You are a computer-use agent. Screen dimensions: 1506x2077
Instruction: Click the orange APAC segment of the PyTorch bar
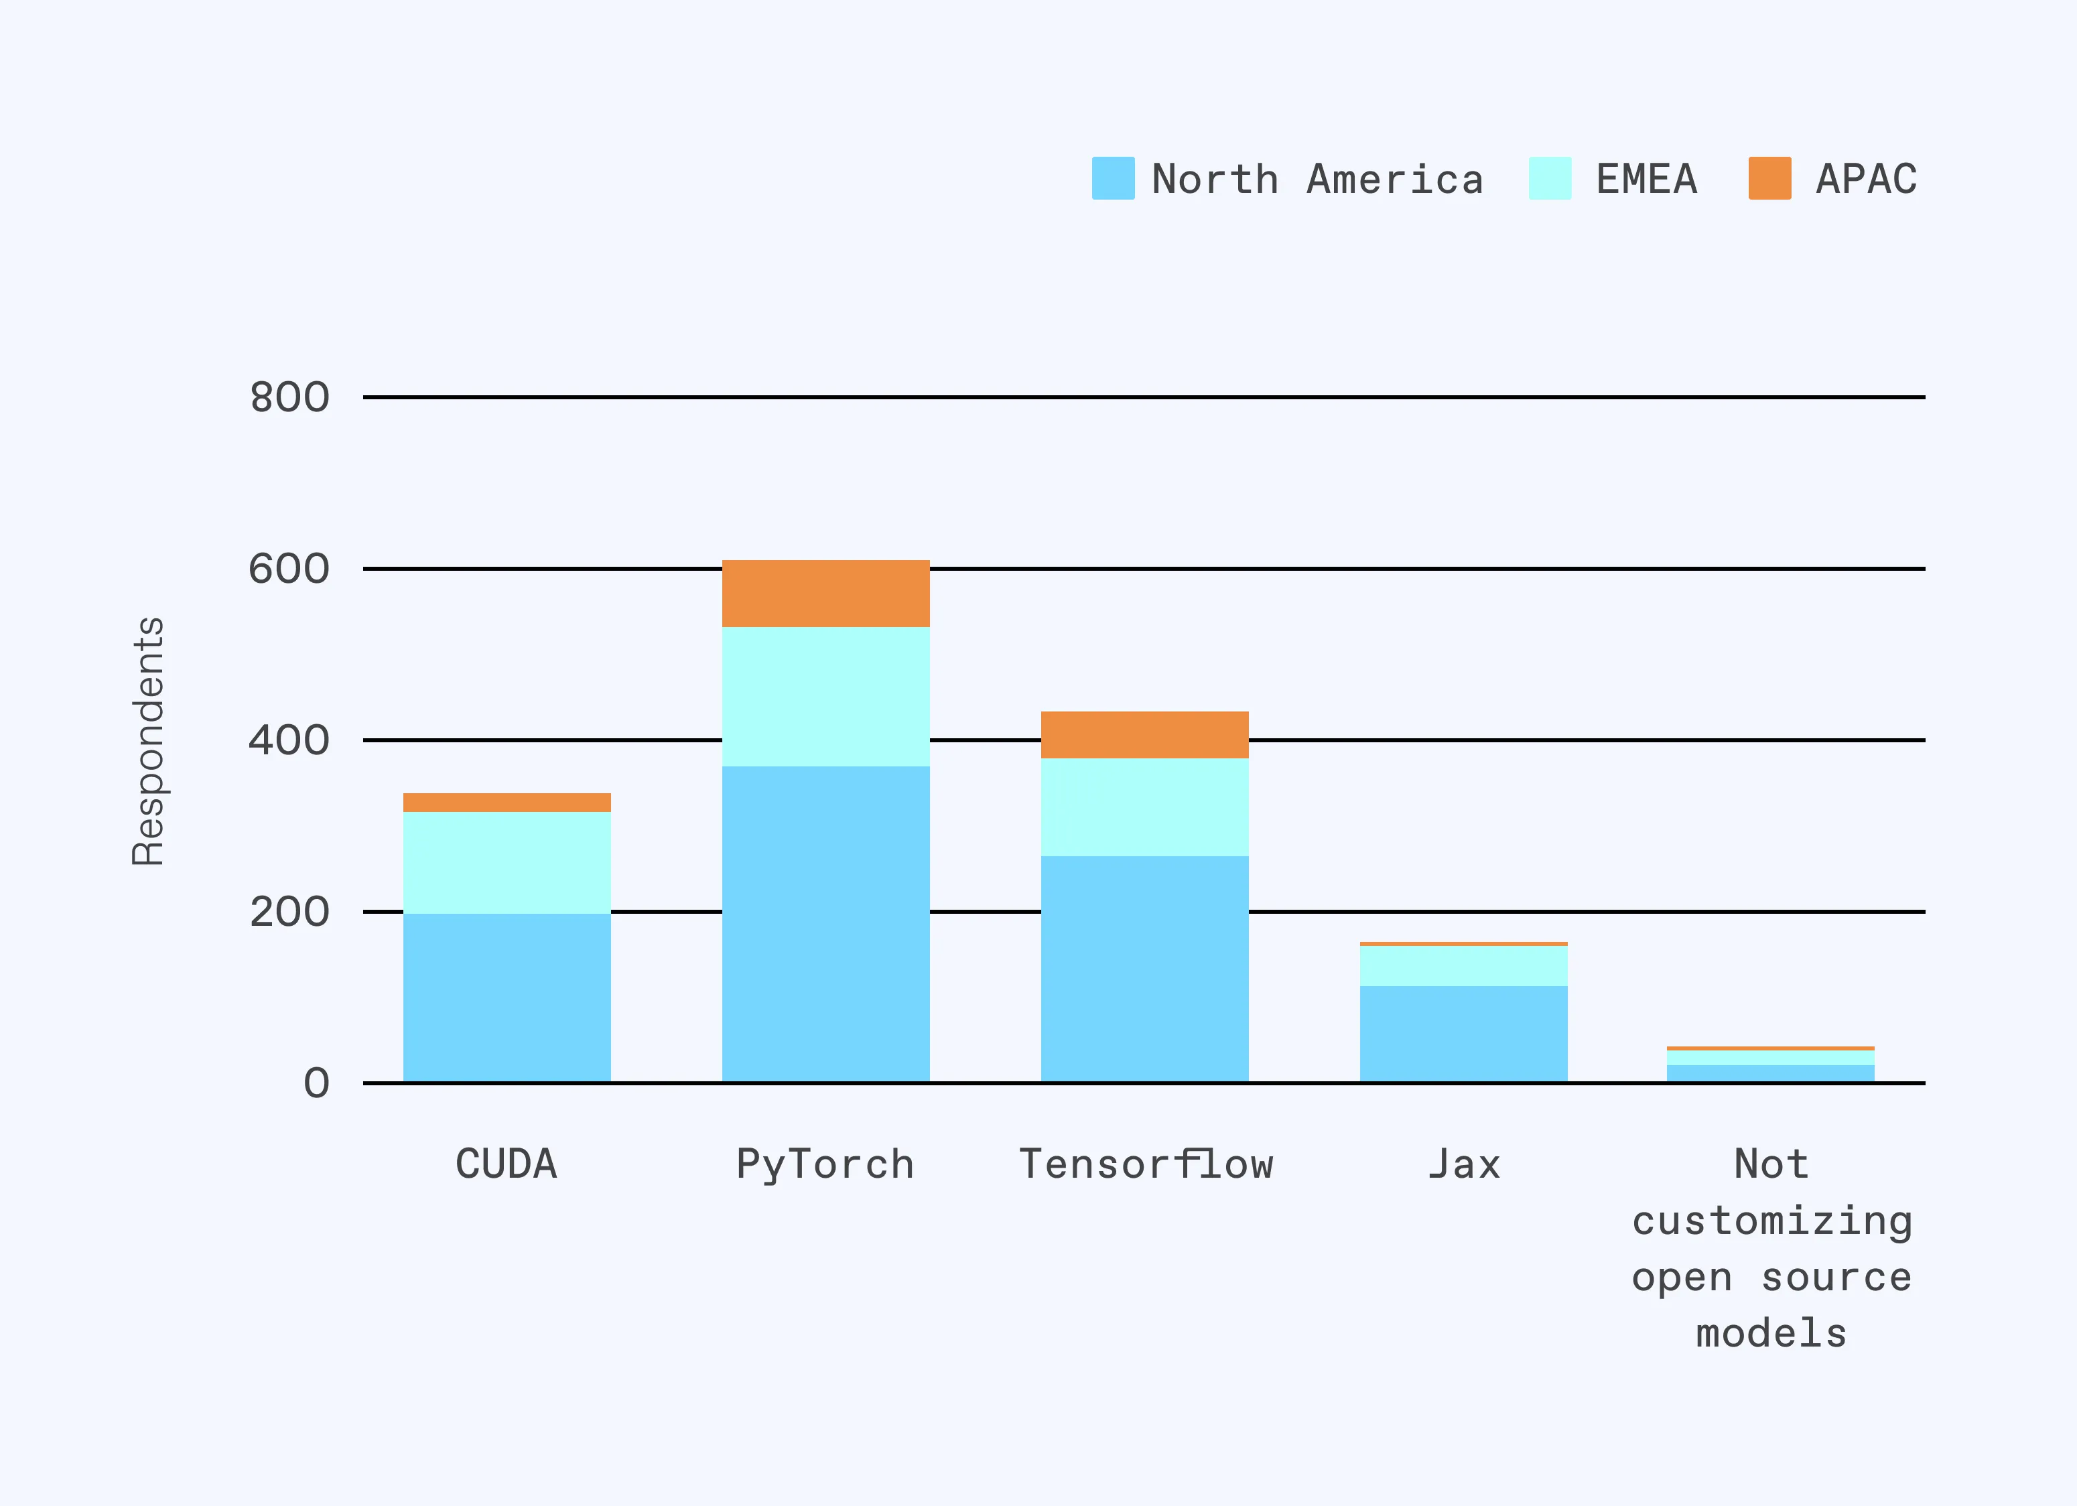tap(825, 594)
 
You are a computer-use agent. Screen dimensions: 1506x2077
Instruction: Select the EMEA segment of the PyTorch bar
tap(825, 696)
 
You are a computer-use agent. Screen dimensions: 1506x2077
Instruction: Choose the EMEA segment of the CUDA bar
tap(507, 862)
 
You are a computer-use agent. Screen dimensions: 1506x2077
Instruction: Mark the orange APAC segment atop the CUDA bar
tap(507, 802)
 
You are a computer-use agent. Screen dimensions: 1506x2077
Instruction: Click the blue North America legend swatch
tap(1113, 178)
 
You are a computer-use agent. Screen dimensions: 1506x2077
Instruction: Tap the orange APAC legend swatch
tap(1769, 178)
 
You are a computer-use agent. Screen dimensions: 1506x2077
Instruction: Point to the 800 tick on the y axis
tap(289, 398)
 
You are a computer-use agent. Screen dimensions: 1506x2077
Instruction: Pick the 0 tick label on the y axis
tap(316, 1084)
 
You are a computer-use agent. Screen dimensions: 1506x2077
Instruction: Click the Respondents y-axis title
tap(148, 742)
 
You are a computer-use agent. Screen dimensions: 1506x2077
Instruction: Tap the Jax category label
tap(1463, 1164)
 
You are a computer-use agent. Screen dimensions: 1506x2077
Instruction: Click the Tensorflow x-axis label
tap(1146, 1164)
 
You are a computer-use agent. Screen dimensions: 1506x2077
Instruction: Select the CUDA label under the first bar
tap(507, 1164)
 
